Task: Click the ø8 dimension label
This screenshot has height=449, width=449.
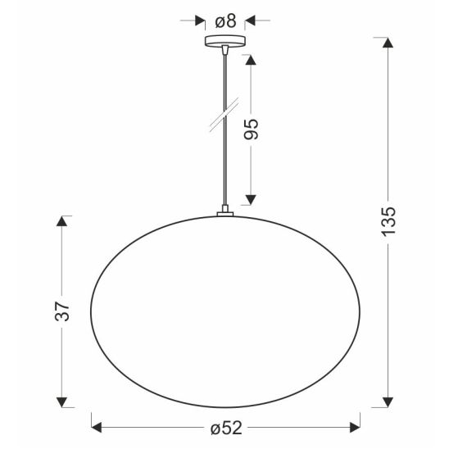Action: [x=225, y=21]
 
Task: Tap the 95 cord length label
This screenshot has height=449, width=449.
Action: [x=252, y=129]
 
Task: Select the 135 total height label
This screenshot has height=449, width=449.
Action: [x=388, y=221]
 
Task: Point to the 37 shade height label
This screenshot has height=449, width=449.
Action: [x=62, y=311]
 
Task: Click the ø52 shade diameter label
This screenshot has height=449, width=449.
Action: [x=226, y=428]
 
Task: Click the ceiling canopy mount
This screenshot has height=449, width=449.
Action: [x=225, y=41]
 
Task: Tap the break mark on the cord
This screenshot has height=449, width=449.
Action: [x=224, y=115]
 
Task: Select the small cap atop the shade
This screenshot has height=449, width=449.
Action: [x=225, y=213]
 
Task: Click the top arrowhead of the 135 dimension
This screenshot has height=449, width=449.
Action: [x=388, y=43]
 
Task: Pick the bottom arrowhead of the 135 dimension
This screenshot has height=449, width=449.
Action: [x=388, y=402]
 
